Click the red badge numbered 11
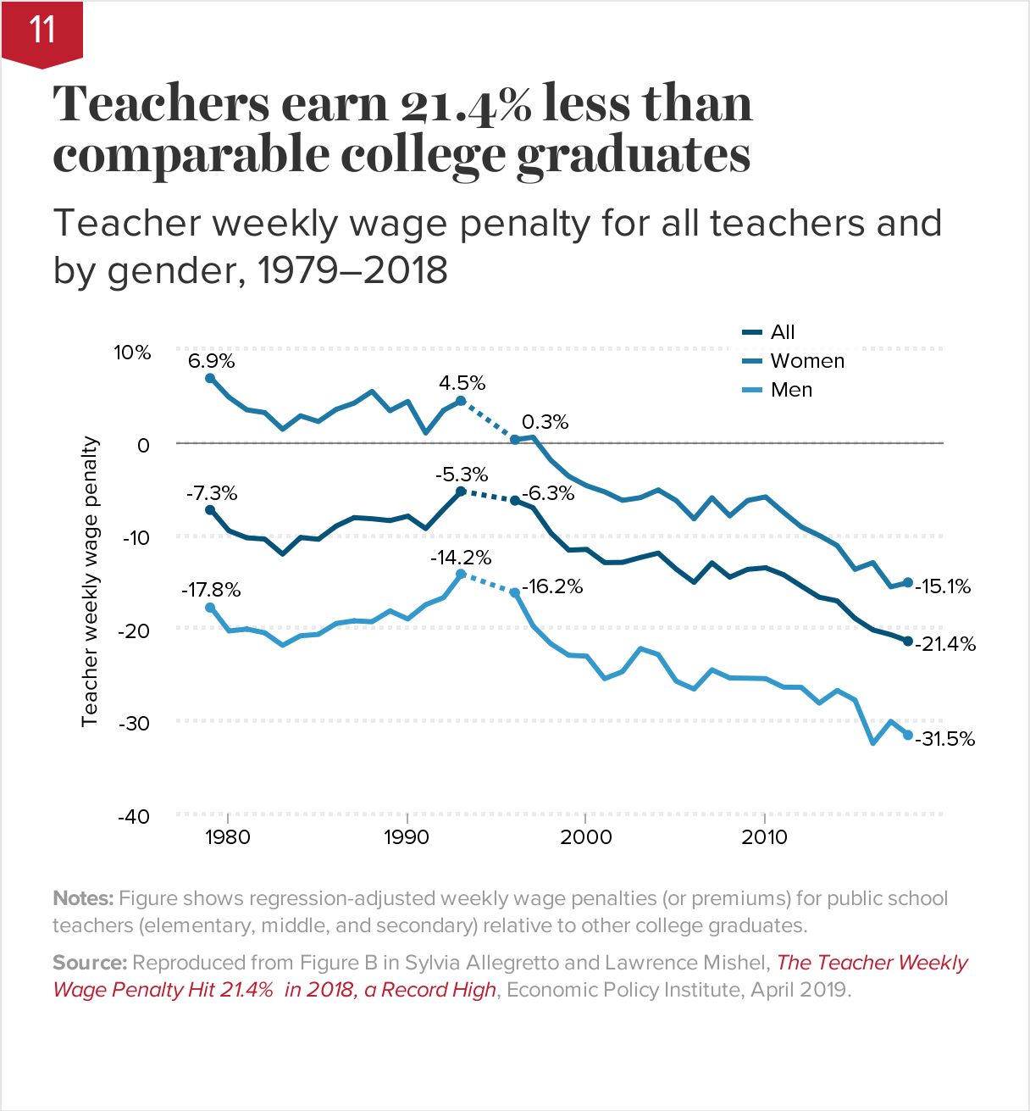pos(42,31)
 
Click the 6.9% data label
pos(211,361)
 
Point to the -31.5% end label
pos(945,739)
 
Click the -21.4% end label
pos(945,644)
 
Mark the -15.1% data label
pos(943,586)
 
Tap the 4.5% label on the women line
pos(462,383)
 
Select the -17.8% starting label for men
pos(211,590)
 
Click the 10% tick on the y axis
pos(133,353)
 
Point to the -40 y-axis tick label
pos(133,816)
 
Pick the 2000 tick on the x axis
pos(585,837)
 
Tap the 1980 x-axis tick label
pos(228,837)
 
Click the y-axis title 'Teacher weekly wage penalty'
pos(90,581)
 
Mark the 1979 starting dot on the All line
pos(210,510)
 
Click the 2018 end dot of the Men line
pos(908,735)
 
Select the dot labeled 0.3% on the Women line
pos(515,440)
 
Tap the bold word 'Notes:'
pos(83,898)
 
